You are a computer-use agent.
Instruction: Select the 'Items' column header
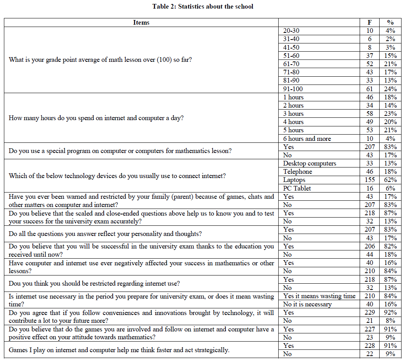141,22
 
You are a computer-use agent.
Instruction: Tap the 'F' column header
369,22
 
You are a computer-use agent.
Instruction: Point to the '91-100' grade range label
293,89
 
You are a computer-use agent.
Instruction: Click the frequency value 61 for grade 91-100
369,89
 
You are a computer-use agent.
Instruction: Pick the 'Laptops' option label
294,180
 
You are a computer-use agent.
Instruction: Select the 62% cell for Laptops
390,180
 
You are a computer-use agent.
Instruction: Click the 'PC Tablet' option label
297,188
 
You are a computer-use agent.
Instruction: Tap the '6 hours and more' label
307,139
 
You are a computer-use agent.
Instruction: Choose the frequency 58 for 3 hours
369,113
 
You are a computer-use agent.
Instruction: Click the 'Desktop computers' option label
310,163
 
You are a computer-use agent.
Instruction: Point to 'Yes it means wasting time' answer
319,296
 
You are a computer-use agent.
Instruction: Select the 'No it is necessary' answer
307,304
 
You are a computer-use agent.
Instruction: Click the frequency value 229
369,313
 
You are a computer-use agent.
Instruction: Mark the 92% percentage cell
390,313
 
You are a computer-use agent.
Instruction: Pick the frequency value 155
369,180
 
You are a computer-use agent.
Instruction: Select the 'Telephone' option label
298,171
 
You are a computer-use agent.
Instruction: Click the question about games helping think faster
119,350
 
